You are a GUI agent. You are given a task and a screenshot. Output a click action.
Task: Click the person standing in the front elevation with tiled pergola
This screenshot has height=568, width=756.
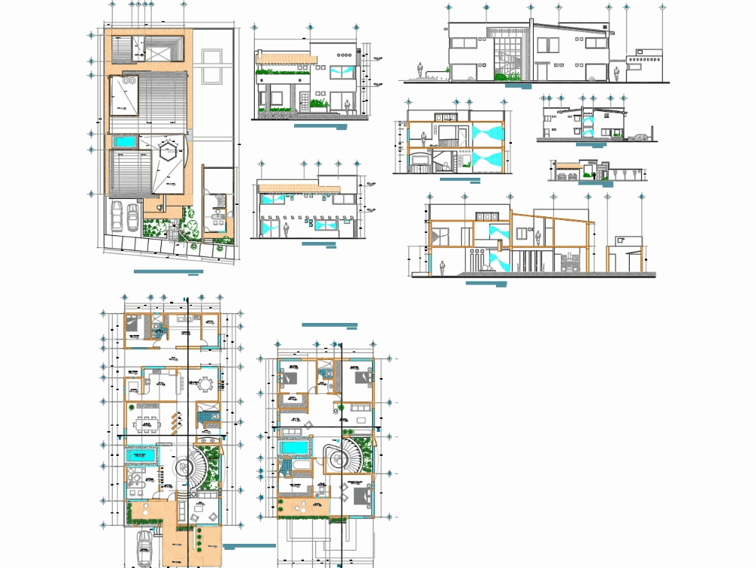coord(346,107)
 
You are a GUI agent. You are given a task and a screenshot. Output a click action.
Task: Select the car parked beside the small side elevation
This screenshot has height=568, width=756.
coord(640,138)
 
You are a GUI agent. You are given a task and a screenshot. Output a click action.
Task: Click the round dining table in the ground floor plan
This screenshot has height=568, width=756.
coord(204,384)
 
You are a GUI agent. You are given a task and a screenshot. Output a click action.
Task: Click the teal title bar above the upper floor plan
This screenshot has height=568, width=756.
coord(329,324)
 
